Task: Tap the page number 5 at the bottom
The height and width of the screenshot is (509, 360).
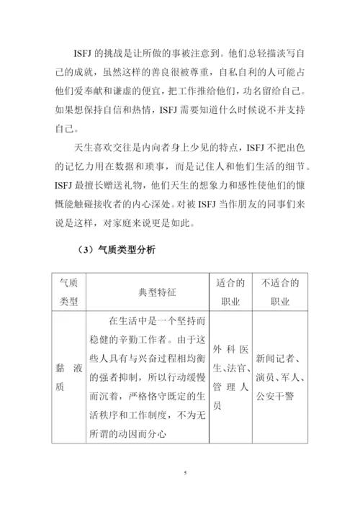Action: point(185,473)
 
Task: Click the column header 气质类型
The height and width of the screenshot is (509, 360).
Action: point(72,291)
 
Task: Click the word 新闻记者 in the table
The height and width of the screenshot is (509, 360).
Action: point(276,358)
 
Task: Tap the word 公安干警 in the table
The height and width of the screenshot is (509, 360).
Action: point(276,395)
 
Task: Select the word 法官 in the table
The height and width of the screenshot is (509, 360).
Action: point(235,368)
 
